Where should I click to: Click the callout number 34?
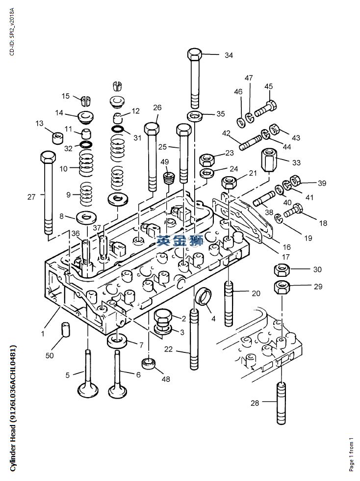click(229, 55)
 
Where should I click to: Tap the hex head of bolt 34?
click(194, 54)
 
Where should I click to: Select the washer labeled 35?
click(194, 116)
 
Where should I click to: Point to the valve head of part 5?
click(88, 389)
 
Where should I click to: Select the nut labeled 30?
click(282, 269)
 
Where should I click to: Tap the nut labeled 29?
click(282, 287)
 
